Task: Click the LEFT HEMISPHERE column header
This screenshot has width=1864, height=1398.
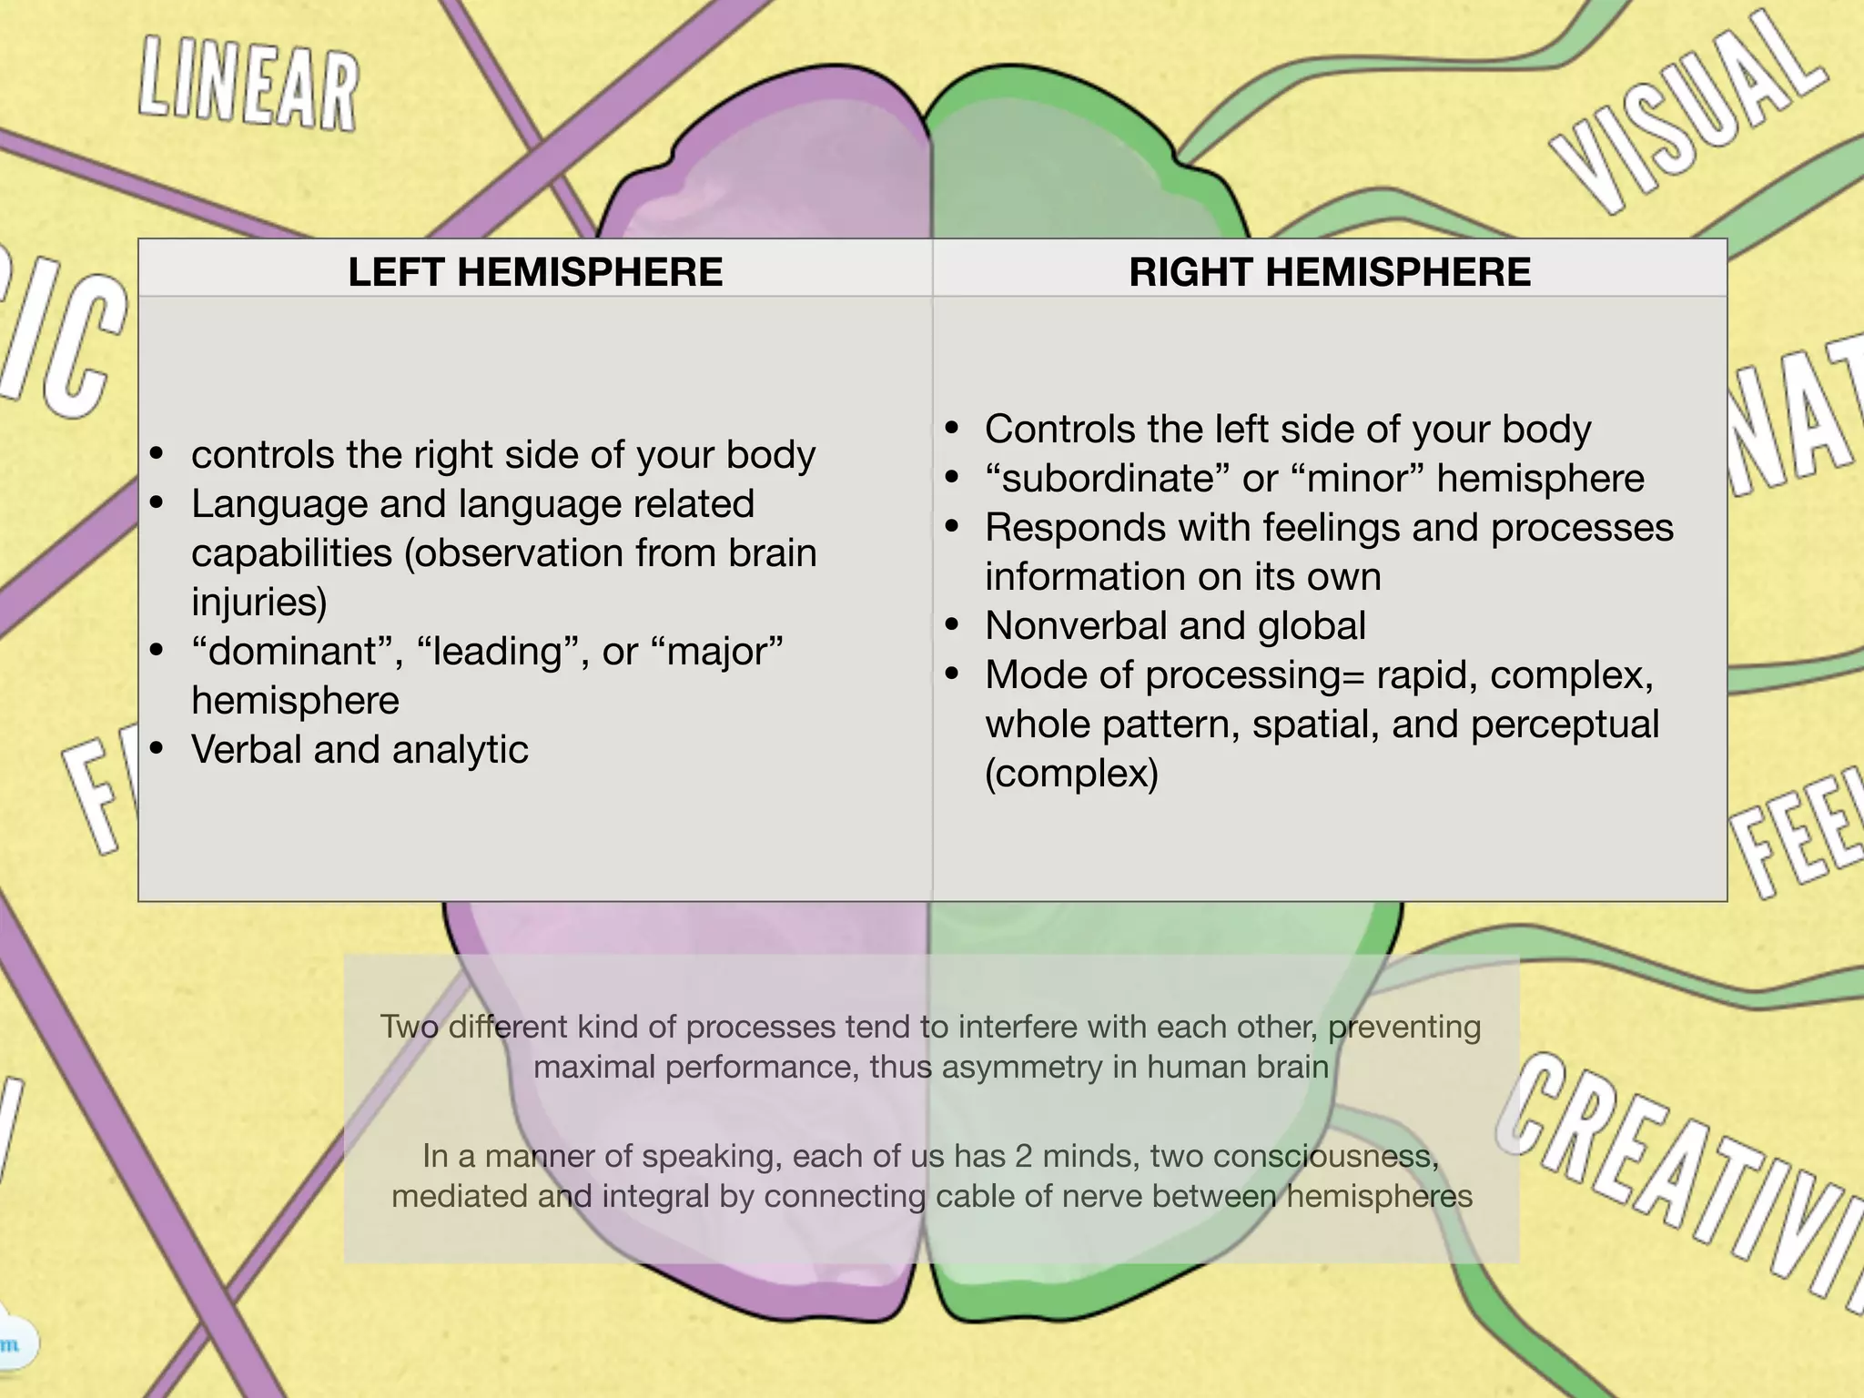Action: [535, 272]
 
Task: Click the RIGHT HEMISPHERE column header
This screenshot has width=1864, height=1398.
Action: [1330, 272]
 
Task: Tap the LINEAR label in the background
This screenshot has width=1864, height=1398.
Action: [248, 87]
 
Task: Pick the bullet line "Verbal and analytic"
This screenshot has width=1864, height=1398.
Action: [360, 750]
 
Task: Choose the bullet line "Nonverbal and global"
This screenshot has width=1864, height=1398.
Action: [1175, 626]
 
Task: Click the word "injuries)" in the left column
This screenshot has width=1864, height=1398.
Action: [258, 603]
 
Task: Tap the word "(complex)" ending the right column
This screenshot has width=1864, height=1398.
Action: [1071, 774]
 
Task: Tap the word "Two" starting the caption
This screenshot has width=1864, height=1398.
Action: [409, 1027]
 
